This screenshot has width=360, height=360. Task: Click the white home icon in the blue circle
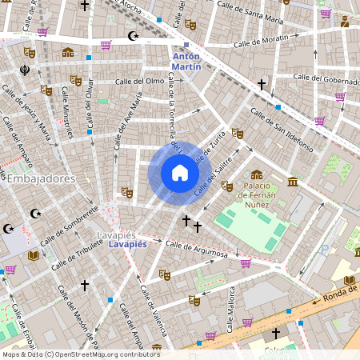tap(180, 173)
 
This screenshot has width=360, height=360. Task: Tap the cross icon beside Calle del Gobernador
tap(261, 83)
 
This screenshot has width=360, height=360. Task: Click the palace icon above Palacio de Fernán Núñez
tap(256, 174)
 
